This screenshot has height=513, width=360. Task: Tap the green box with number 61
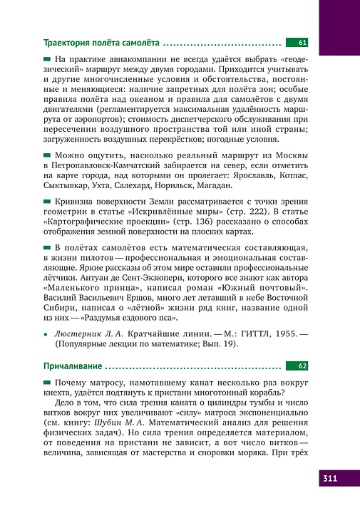[297, 43]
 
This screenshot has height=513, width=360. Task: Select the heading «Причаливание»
[73, 366]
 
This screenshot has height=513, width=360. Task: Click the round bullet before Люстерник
[46, 333]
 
